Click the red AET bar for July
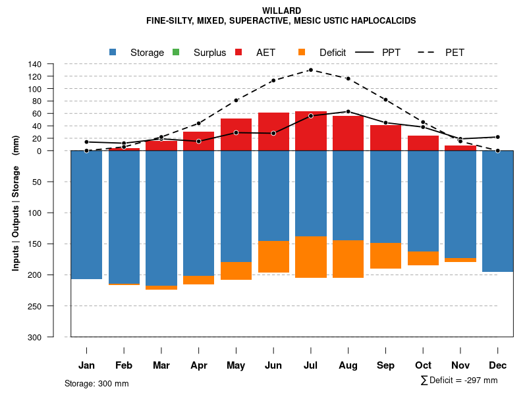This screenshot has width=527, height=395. point(311,131)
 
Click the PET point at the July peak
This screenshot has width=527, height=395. point(310,70)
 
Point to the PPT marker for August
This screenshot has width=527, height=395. point(348,111)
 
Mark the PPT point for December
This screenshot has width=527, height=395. point(498,137)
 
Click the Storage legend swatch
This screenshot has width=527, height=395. point(114,52)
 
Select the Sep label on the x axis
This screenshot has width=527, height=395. point(385,365)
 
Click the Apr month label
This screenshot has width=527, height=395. point(198,365)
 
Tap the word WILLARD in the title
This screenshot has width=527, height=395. point(281,11)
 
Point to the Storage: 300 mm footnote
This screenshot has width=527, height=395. point(96,383)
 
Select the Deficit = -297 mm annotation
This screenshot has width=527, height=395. point(459,381)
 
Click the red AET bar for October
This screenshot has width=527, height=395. point(423,143)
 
